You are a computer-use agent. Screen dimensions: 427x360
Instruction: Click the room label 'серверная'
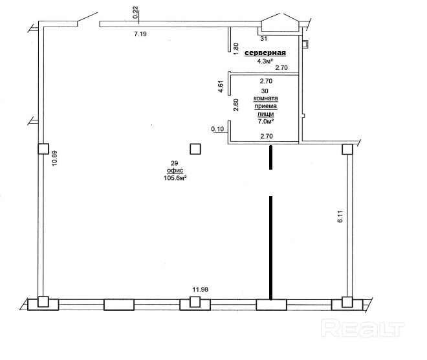pyautogui.click(x=265, y=53)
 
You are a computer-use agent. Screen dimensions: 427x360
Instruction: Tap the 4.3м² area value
pyautogui.click(x=265, y=61)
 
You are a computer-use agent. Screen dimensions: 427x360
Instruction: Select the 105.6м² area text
pyautogui.click(x=175, y=178)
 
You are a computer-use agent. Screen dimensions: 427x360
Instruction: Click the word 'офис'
pyautogui.click(x=175, y=170)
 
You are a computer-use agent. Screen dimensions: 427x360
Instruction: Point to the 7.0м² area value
pyautogui.click(x=266, y=121)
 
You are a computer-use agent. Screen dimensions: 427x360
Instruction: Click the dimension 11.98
pyautogui.click(x=201, y=289)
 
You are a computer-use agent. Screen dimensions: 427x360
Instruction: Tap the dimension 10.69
pyautogui.click(x=55, y=159)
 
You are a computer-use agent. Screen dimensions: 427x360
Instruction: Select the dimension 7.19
pyautogui.click(x=140, y=34)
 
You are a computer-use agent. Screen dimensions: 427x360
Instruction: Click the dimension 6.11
pyautogui.click(x=341, y=217)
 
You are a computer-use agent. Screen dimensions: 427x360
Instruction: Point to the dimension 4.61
pyautogui.click(x=221, y=86)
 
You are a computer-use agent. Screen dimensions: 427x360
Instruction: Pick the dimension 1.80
pyautogui.click(x=236, y=49)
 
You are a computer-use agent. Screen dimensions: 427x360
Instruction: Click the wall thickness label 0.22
pyautogui.click(x=136, y=12)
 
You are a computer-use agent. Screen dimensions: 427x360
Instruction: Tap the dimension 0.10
pyautogui.click(x=217, y=129)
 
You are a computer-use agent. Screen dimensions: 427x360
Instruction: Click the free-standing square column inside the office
pyautogui.click(x=195, y=149)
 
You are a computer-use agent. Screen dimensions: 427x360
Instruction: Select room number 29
pyautogui.click(x=174, y=163)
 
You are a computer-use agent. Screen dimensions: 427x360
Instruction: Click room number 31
pyautogui.click(x=263, y=39)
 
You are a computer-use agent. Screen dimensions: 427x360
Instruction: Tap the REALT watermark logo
pyautogui.click(x=363, y=328)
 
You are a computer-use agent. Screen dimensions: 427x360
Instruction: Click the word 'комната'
pyautogui.click(x=266, y=98)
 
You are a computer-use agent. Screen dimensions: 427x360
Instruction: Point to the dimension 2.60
pyautogui.click(x=236, y=105)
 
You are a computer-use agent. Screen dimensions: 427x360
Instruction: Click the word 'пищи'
pyautogui.click(x=266, y=114)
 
